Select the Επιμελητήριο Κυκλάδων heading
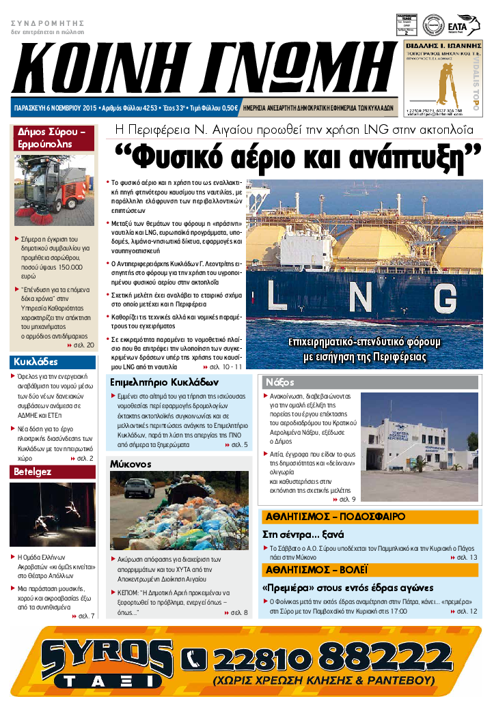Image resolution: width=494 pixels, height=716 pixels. [159, 382]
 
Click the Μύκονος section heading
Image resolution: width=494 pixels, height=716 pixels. [131, 463]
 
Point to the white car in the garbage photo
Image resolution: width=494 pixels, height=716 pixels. [141, 487]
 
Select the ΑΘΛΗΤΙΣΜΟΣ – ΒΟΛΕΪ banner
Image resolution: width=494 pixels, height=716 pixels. [316, 569]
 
